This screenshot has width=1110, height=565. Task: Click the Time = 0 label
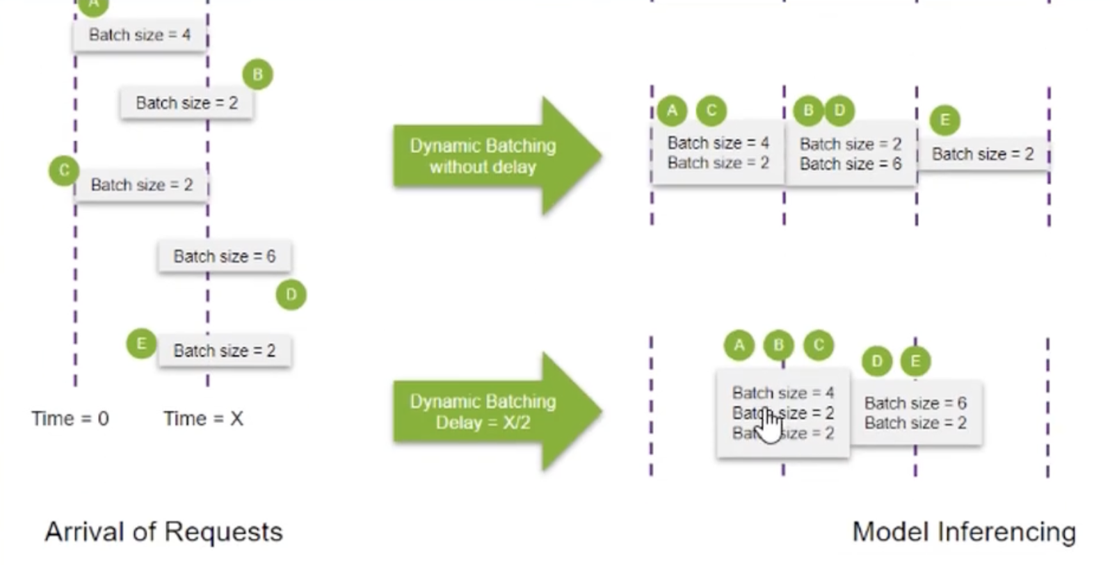(x=70, y=419)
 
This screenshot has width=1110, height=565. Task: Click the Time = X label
(x=203, y=419)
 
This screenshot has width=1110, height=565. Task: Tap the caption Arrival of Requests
(x=164, y=532)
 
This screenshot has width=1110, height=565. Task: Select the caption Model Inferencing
(x=964, y=532)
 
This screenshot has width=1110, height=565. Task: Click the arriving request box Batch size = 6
(x=224, y=257)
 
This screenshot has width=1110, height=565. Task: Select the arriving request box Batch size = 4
(x=139, y=35)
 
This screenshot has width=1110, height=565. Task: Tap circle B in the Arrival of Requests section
(x=257, y=74)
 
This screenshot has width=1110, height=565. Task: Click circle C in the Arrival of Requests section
(x=64, y=170)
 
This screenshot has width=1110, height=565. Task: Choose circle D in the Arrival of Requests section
(x=291, y=294)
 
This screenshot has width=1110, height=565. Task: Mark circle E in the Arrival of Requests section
(x=141, y=344)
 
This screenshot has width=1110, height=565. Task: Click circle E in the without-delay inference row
(x=944, y=120)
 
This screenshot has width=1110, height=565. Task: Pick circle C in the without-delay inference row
(x=711, y=110)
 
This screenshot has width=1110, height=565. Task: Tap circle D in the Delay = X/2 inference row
(x=876, y=361)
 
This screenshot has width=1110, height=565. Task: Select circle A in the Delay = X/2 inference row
(x=739, y=344)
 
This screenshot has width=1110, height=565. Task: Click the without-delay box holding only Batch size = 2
(x=982, y=154)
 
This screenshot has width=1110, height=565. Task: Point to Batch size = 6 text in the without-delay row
(x=850, y=164)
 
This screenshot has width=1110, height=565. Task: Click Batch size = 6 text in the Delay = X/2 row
(x=915, y=404)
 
